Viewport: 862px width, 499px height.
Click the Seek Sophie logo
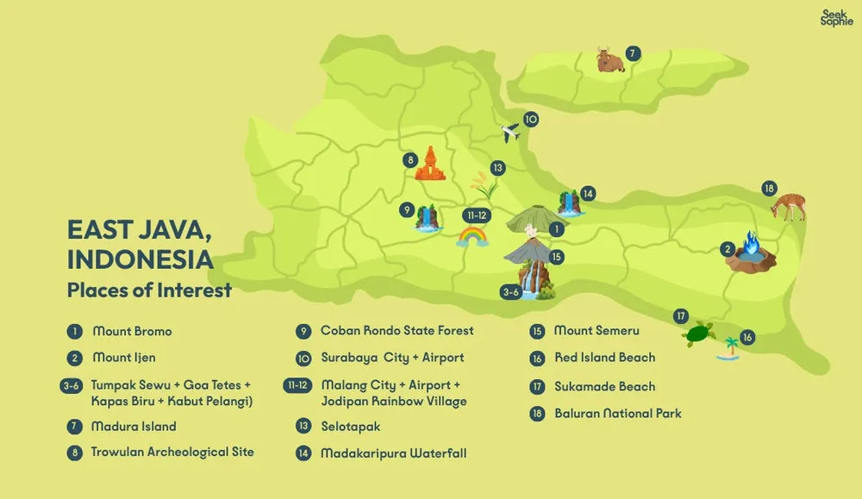click(x=836, y=18)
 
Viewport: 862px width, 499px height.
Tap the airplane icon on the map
click(x=511, y=133)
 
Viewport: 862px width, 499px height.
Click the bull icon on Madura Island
click(x=610, y=60)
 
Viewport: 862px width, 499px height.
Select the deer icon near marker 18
click(x=788, y=207)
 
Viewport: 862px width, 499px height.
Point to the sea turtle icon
click(x=699, y=334)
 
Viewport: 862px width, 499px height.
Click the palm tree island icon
click(x=729, y=348)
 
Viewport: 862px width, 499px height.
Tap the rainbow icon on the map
click(x=472, y=234)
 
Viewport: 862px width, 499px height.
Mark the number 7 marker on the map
click(x=634, y=53)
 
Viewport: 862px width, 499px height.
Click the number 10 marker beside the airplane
click(x=531, y=120)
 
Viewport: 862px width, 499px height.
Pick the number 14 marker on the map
click(x=587, y=193)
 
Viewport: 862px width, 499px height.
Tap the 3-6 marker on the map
click(x=510, y=292)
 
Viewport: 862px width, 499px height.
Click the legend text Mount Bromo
click(x=132, y=331)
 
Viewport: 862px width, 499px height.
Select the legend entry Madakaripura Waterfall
click(x=393, y=452)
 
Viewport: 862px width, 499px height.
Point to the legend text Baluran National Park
click(x=617, y=414)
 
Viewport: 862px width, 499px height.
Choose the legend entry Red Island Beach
click(x=604, y=358)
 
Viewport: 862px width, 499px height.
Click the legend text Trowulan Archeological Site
click(x=172, y=452)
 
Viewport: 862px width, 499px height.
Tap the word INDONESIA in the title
click(x=140, y=259)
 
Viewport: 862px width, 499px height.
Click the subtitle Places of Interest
click(x=149, y=290)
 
